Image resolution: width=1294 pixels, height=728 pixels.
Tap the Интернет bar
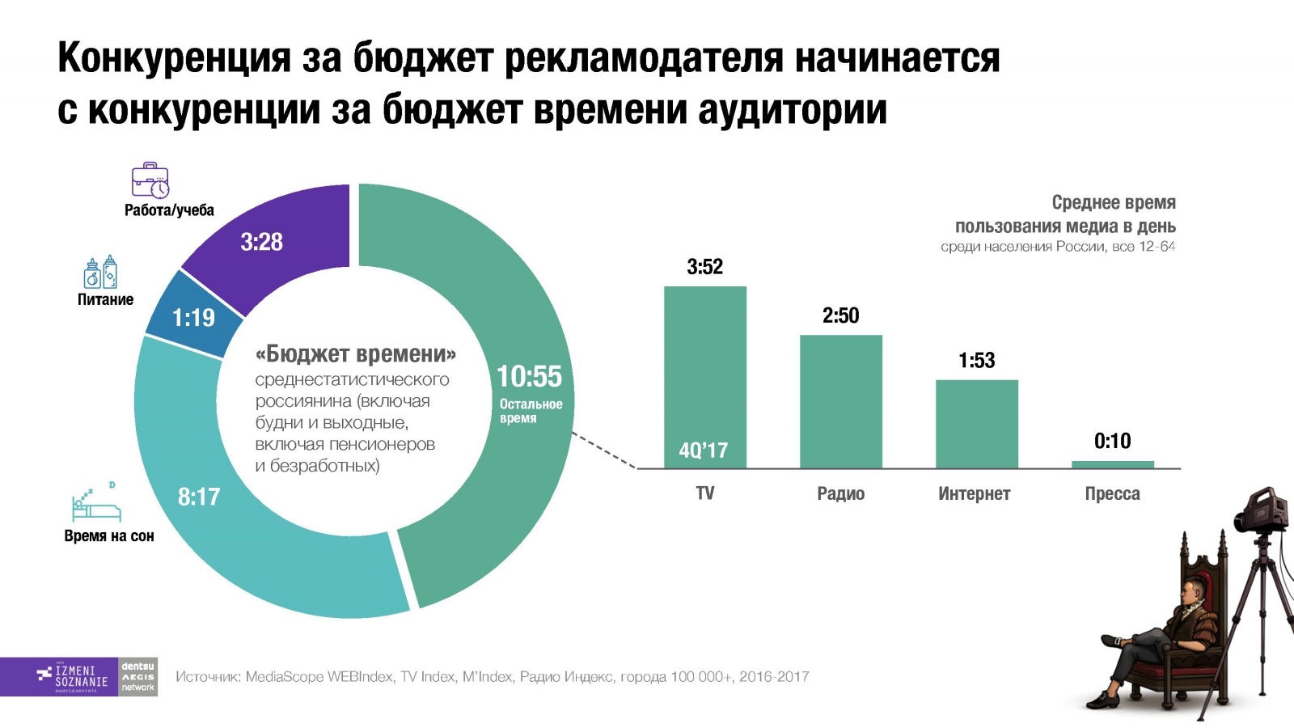click(x=976, y=424)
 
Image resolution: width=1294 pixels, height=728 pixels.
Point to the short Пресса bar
click(x=1112, y=464)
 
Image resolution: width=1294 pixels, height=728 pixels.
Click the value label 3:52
click(x=704, y=267)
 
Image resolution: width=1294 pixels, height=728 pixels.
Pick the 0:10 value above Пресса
click(x=1112, y=441)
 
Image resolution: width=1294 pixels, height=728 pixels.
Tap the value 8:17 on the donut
click(x=199, y=497)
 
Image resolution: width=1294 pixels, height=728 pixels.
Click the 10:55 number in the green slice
click(x=529, y=377)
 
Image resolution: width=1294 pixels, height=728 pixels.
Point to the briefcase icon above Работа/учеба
click(x=150, y=180)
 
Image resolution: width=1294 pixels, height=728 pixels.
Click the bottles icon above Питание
click(x=101, y=273)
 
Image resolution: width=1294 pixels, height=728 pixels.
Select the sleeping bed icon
click(x=95, y=505)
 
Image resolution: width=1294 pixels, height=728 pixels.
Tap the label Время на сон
click(x=109, y=535)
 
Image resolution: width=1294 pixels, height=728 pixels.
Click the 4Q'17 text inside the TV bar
click(x=703, y=451)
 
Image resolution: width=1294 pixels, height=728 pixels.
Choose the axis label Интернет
click(x=974, y=493)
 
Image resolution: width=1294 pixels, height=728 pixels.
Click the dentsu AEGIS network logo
click(x=138, y=677)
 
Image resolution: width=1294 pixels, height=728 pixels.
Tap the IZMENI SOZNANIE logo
click(x=73, y=677)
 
